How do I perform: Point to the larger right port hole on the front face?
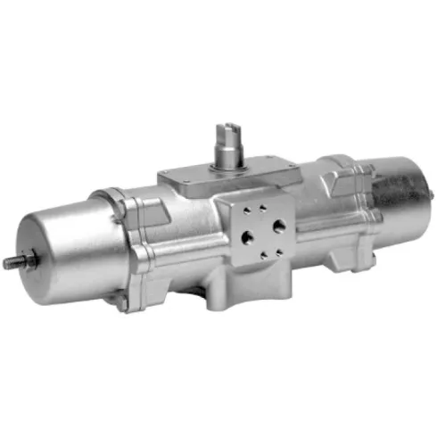click(x=280, y=225)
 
